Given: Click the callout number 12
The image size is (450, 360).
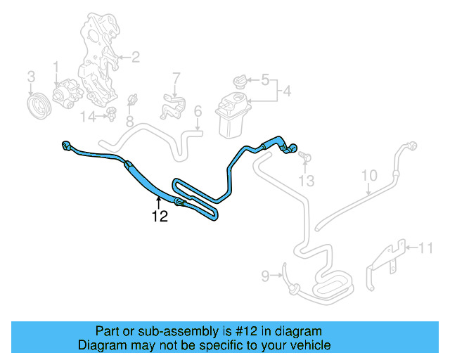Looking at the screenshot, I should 160,217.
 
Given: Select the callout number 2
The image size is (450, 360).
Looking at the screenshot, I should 135,56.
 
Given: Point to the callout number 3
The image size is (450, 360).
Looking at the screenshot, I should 31,75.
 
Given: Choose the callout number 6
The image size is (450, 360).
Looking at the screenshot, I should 176,77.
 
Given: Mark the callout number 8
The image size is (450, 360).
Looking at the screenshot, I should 265,276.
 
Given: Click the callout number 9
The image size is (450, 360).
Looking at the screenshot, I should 370,174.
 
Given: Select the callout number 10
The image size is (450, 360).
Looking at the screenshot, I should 426,247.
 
